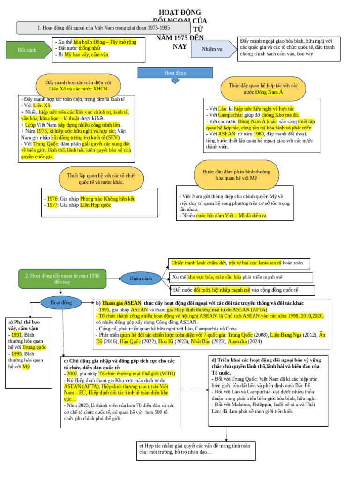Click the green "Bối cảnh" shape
[28, 50]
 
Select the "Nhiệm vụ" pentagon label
[212, 49]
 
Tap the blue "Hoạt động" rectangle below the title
[175, 73]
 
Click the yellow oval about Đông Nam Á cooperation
[263, 89]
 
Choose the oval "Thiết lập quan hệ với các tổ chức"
[102, 179]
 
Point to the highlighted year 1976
[52, 199]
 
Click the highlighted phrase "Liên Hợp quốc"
[96, 205]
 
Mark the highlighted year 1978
[42, 132]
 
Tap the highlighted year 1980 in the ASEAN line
[259, 134]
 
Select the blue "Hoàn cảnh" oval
[141, 278]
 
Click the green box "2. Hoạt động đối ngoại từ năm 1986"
[62, 278]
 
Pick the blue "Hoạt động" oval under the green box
[61, 303]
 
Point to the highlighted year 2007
[72, 374]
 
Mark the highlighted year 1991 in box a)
[17, 335]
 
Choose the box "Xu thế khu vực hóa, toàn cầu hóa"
[240, 277]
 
